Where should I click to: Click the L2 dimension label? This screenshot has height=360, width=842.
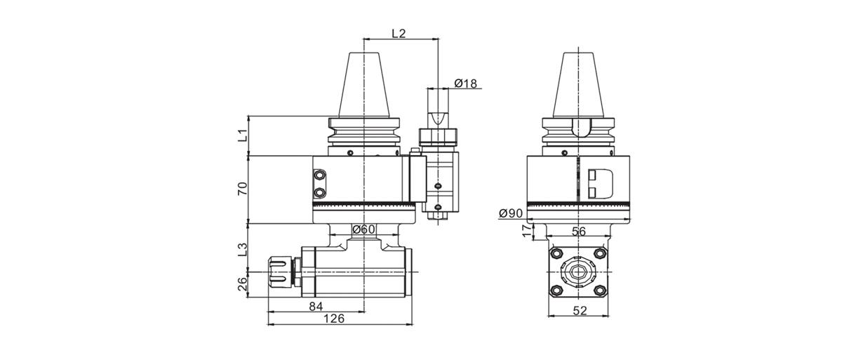pos(399,34)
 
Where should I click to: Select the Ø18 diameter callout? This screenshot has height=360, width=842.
pos(465,84)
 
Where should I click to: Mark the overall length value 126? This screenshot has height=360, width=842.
pos(336,319)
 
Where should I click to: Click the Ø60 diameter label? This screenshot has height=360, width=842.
pos(364,229)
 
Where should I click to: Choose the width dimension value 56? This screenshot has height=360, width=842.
pos(579,231)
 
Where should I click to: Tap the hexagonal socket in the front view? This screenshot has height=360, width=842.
pos(578,272)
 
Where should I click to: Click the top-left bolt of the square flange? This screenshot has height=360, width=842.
pos(556,253)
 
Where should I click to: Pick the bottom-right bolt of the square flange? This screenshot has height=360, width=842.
pos(600,291)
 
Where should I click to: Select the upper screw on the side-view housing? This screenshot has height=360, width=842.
pos(320,175)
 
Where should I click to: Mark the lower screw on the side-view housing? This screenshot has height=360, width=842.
pos(320,191)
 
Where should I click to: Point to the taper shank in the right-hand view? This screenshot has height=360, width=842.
pos(579,84)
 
